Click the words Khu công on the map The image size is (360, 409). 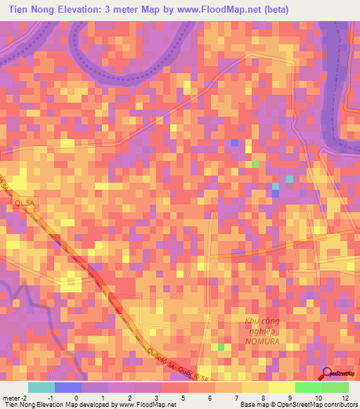coord(258,321)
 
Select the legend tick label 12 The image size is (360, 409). coord(345,398)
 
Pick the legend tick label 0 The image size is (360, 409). coord(76,398)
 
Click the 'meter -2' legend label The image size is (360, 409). coord(15,398)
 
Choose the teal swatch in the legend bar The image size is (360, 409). coord(41,387)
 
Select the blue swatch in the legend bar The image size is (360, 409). coord(67,387)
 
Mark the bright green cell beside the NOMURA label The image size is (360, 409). coord(221,347)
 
